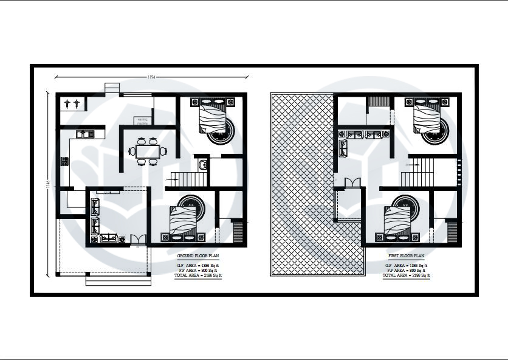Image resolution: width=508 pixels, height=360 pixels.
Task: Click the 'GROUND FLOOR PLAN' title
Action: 197,257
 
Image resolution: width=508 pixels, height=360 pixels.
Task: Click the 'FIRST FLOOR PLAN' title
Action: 407,257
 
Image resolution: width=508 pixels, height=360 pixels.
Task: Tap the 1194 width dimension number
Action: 152,77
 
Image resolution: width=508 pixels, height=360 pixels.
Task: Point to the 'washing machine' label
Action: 143,120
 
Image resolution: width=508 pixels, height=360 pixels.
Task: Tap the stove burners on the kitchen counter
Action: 64,161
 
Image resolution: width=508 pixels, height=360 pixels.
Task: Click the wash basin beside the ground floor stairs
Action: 203,164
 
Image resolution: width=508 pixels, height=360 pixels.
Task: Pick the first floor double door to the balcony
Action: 352,183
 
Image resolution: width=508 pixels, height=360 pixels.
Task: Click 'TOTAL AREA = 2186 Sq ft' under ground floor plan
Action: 199,275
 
